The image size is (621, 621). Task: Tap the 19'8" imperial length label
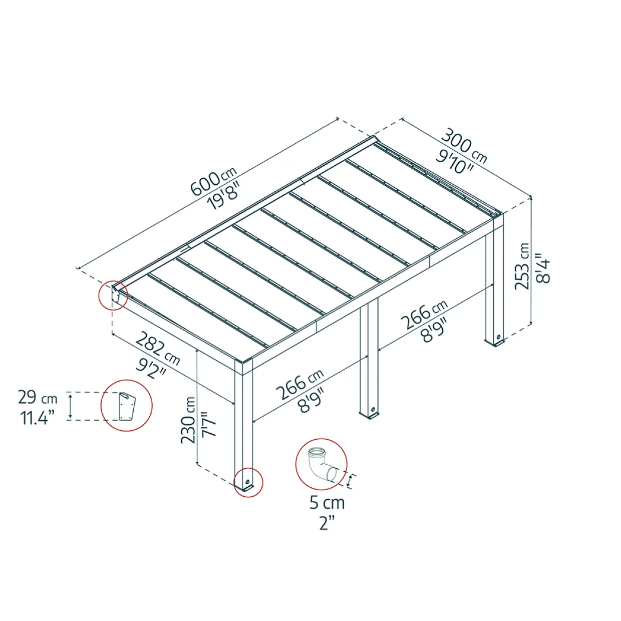[224, 198]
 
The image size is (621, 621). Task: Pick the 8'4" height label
[543, 267]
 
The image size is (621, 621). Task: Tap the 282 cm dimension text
[158, 351]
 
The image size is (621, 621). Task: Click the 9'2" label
[150, 368]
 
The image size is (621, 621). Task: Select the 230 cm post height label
[188, 420]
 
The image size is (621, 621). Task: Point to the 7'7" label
[208, 424]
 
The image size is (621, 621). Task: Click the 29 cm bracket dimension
[38, 399]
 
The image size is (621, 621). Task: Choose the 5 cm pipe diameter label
[327, 503]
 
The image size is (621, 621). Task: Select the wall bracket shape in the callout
[127, 406]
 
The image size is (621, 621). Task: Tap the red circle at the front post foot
[248, 482]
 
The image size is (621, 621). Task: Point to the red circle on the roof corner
[114, 295]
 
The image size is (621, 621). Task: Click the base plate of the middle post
[371, 418]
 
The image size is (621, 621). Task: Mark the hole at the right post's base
[499, 337]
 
